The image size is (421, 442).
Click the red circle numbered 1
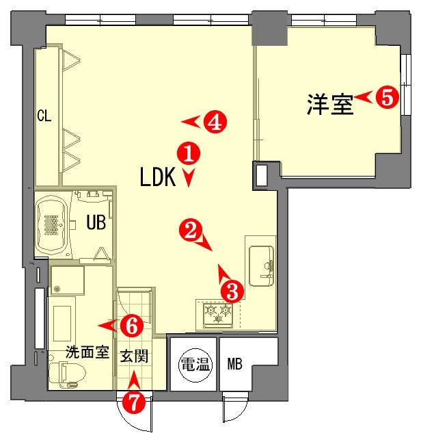pos(189,154)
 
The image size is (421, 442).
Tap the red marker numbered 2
pos(191,231)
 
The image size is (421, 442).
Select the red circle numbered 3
pos(232,291)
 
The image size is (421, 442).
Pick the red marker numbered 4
pos(215,122)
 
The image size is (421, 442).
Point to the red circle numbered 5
pos(388,97)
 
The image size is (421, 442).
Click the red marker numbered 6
pos(132,326)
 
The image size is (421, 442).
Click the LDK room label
pos(158,177)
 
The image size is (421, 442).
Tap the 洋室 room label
pos(330,104)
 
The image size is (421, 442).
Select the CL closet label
pos(44,116)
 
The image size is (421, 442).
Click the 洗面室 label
pos(87,352)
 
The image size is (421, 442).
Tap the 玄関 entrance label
pos(135,356)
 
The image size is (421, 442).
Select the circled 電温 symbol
pos(195,365)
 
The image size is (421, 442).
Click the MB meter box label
pos(235,364)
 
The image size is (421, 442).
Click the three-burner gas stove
pos(218,315)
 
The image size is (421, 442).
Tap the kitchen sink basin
pos(261,266)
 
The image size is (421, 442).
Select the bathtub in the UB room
pos(52,225)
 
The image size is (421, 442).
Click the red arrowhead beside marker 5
pos(364,97)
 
